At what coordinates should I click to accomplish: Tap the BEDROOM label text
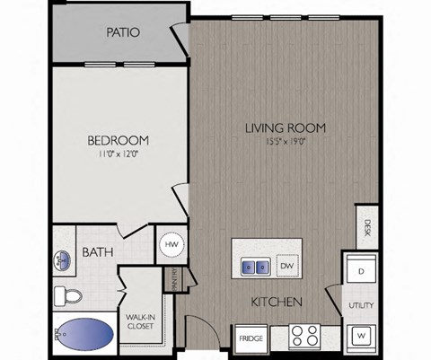(118, 141)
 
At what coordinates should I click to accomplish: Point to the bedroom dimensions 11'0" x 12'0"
(118, 154)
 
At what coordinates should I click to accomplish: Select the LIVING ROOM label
(285, 127)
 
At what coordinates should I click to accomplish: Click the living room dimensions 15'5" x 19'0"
(285, 140)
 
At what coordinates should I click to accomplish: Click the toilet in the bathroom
(68, 295)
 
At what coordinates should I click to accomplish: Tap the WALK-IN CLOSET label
(138, 320)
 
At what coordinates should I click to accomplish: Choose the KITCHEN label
(276, 302)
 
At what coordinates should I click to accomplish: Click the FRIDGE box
(251, 338)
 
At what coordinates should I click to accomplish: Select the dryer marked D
(360, 271)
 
